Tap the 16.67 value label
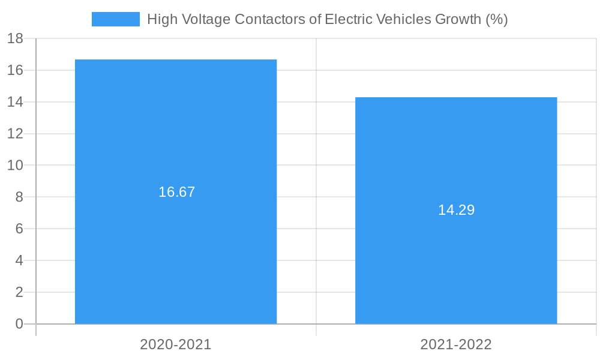[x=177, y=192]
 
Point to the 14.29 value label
[x=456, y=210]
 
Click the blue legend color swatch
[x=115, y=19]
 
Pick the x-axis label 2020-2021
[x=176, y=344]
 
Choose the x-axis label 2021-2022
[x=456, y=344]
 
